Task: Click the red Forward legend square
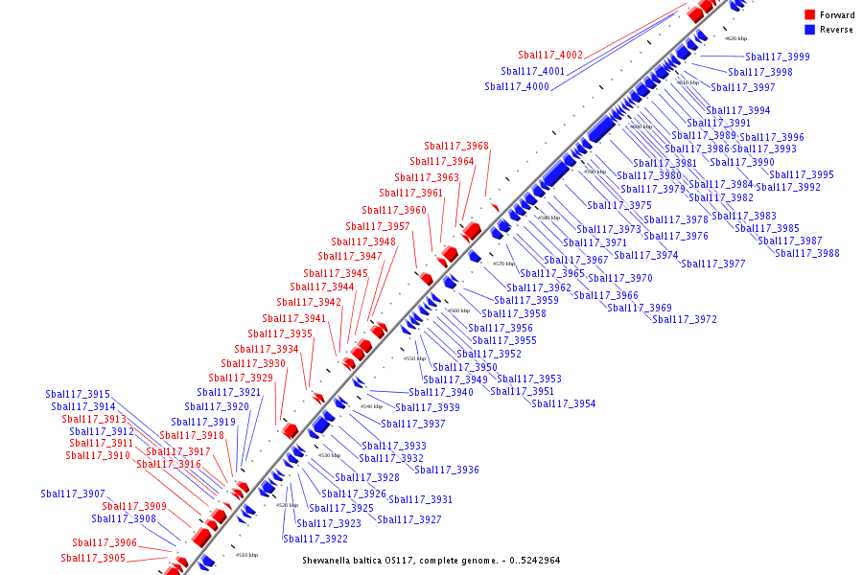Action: click(810, 15)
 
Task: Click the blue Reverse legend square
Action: click(810, 30)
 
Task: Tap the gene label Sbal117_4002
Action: click(550, 56)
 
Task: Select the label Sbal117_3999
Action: click(778, 57)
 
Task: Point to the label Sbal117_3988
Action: click(807, 253)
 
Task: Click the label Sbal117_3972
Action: click(685, 320)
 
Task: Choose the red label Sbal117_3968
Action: click(456, 147)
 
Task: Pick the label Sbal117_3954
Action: click(564, 404)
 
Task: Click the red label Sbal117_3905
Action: click(93, 559)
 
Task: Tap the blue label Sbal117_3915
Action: click(78, 395)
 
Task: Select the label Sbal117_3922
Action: click(315, 539)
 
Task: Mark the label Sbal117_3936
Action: click(447, 471)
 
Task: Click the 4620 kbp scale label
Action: click(735, 38)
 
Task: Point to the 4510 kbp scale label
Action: click(246, 555)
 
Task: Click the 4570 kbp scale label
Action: click(503, 264)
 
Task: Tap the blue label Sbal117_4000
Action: click(517, 87)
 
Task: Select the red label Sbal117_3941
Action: click(294, 319)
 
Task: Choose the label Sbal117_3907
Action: click(73, 494)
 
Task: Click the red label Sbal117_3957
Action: click(378, 227)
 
